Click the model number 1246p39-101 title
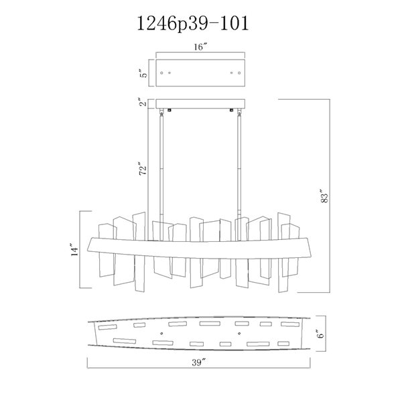click(193, 23)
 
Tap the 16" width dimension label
click(200, 47)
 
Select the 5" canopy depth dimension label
click(144, 73)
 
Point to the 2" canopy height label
click(144, 102)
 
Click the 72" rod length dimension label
click(143, 168)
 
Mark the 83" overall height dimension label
click(324, 196)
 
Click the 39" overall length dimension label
click(199, 362)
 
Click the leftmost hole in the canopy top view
click(161, 73)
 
